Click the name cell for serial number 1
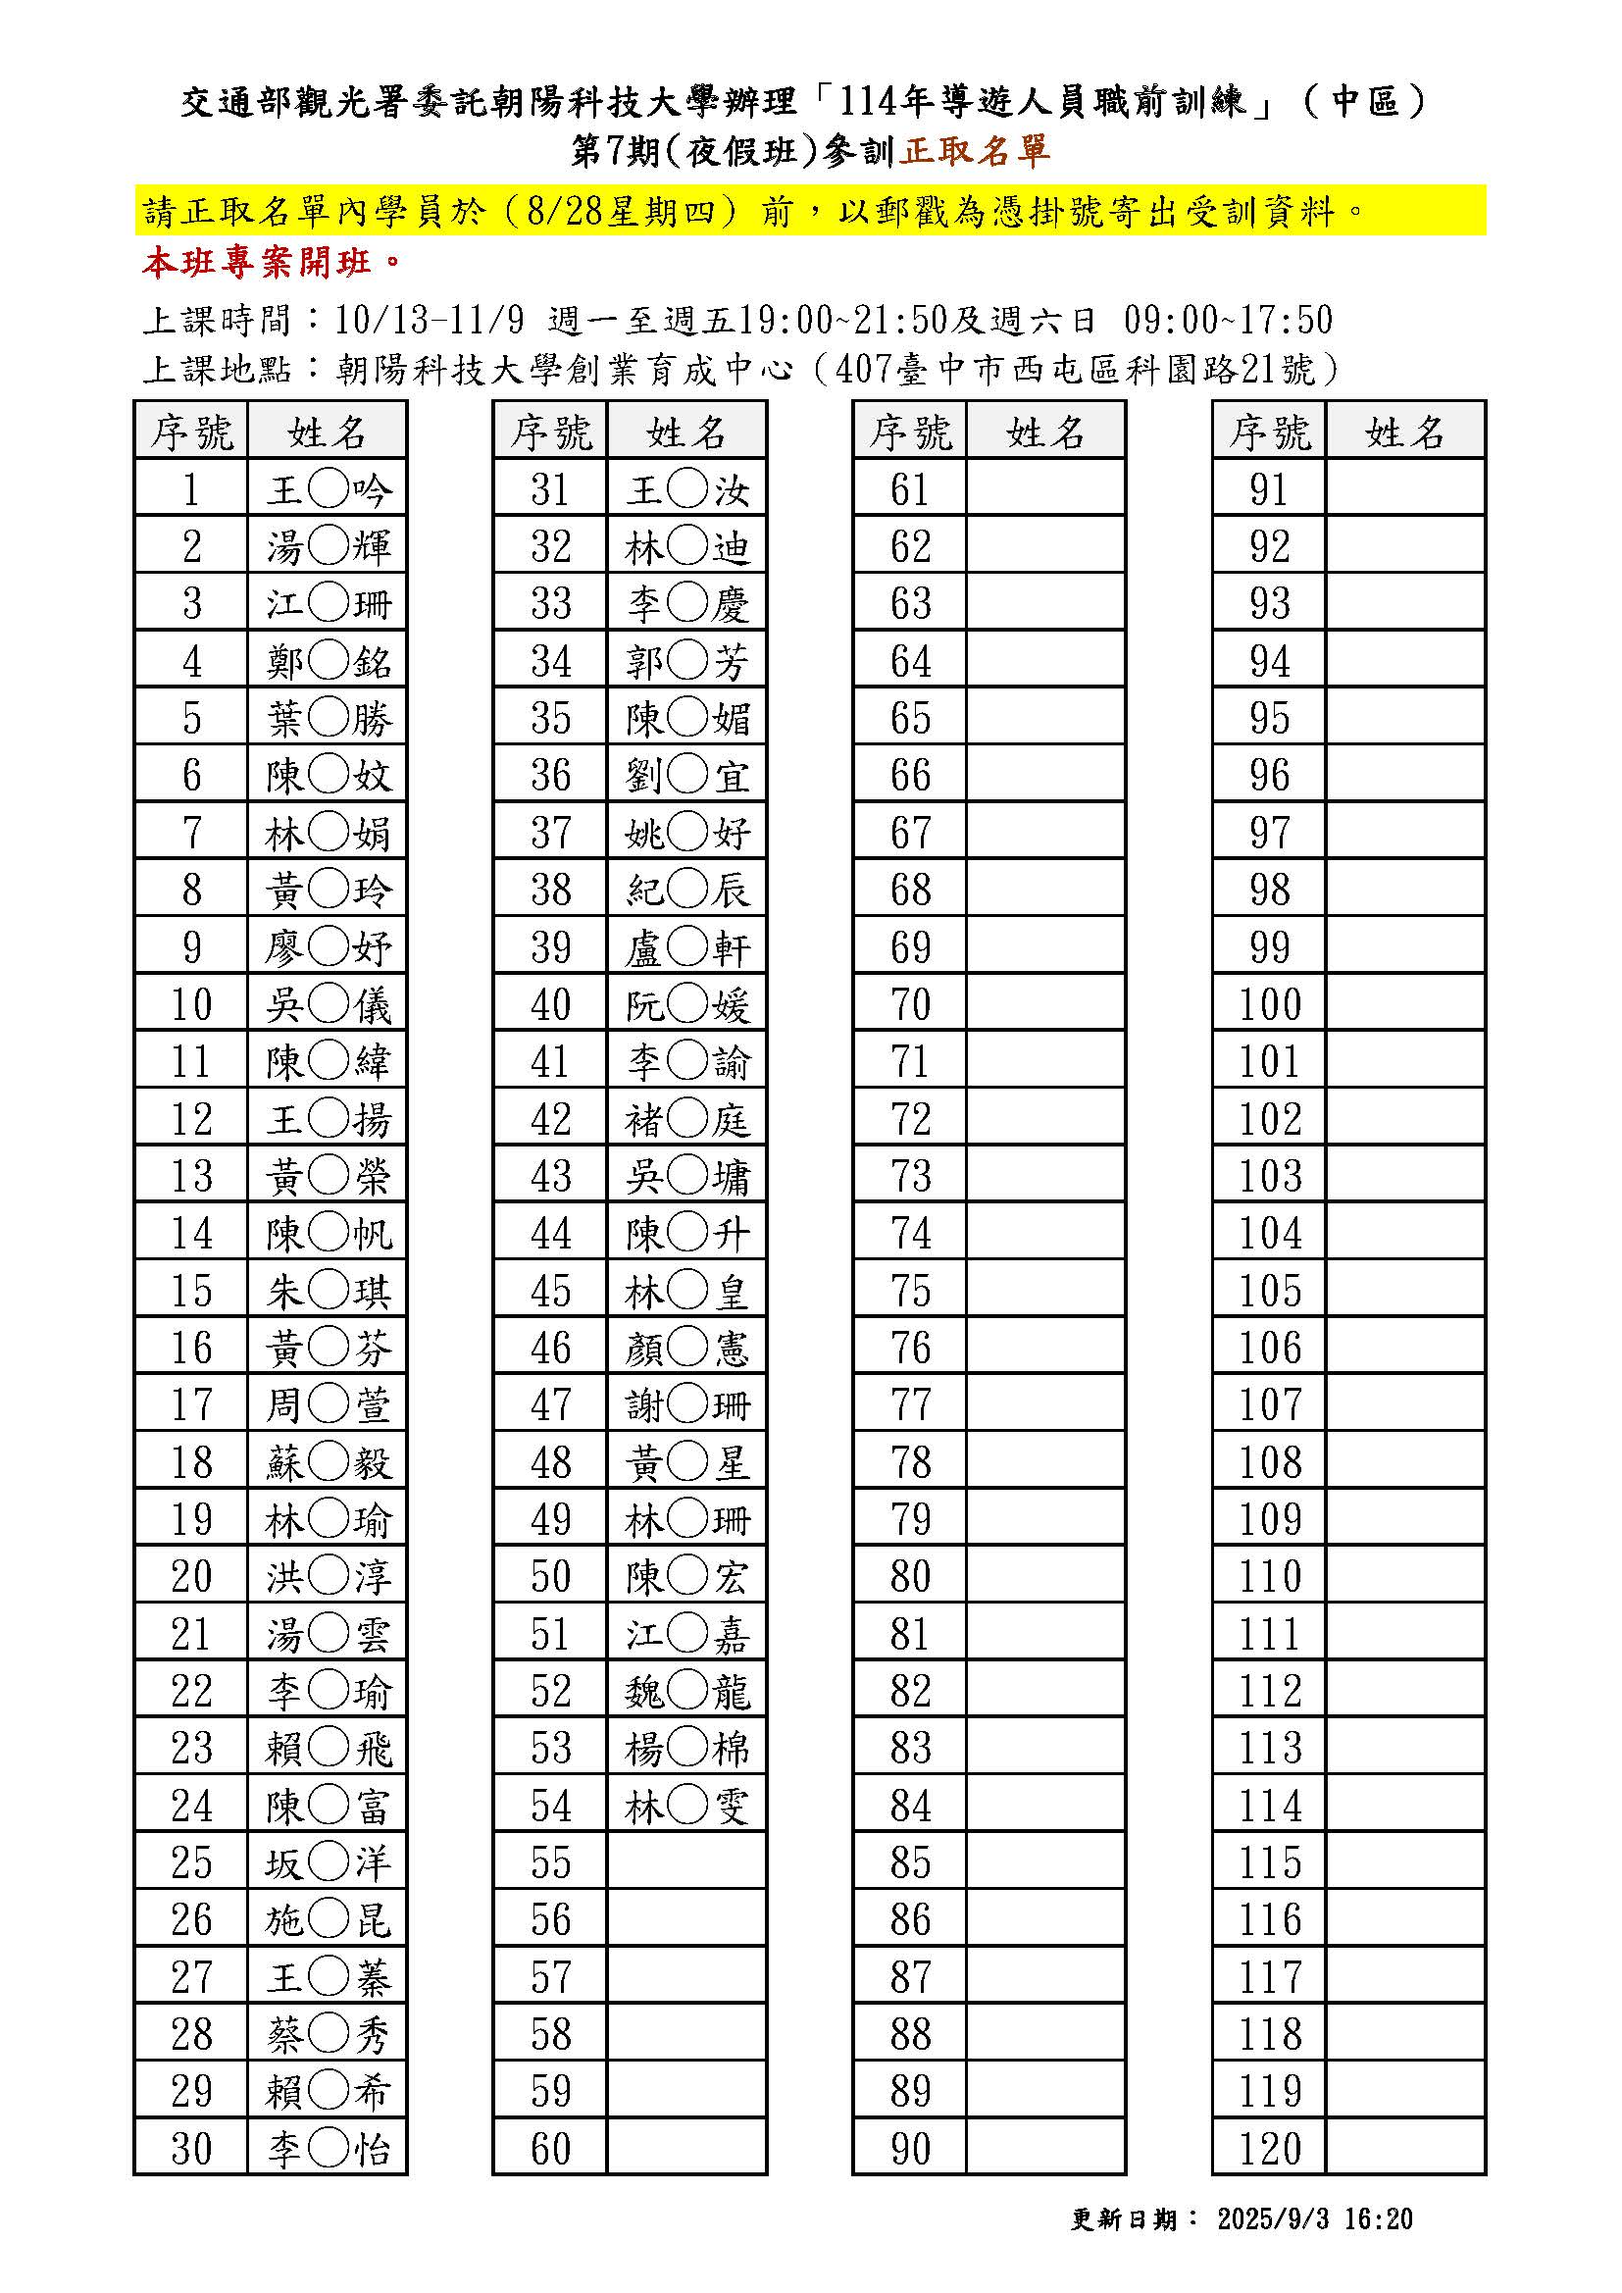click(328, 489)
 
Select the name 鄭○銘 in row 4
click(328, 661)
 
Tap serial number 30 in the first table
click(191, 2149)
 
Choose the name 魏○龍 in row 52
click(687, 1692)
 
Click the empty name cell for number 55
click(687, 1863)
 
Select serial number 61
click(910, 489)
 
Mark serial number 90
click(910, 2149)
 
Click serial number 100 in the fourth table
click(1269, 1004)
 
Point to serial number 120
click(1269, 2149)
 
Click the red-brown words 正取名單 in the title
click(974, 151)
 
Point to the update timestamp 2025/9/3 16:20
click(1314, 2219)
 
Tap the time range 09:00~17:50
click(1228, 320)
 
